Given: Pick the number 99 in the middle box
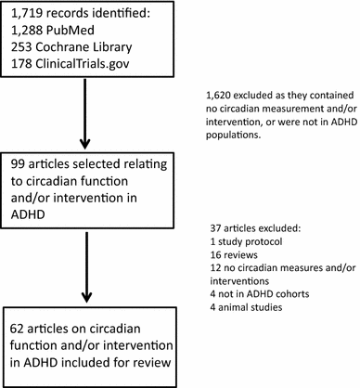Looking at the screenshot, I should [19, 163].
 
